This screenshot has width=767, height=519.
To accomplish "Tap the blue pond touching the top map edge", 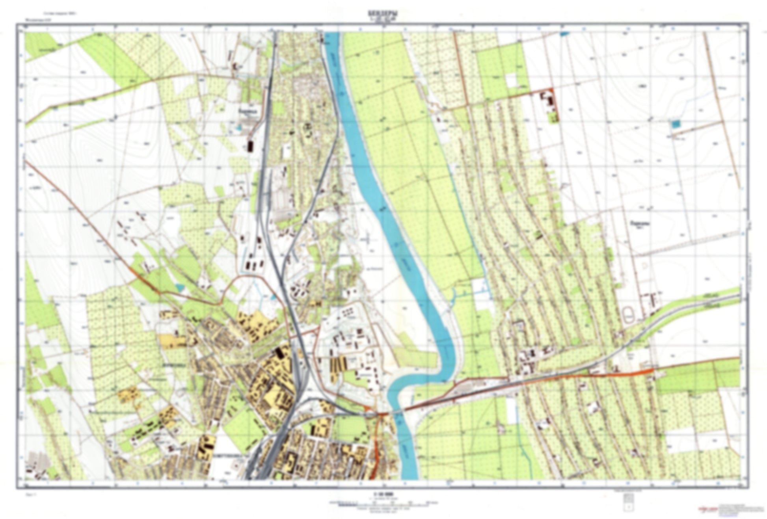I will click(564, 34).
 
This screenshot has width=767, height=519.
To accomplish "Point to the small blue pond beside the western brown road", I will click(180, 288).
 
